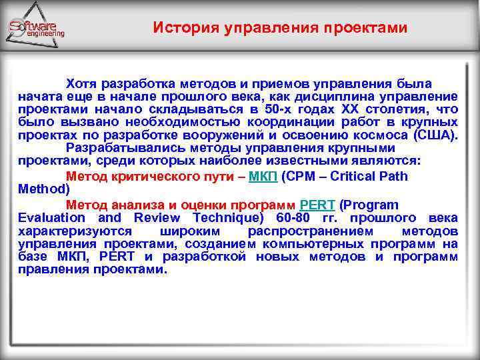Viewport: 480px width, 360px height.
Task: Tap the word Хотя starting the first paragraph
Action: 82,83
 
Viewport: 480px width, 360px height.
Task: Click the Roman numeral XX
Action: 351,109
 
